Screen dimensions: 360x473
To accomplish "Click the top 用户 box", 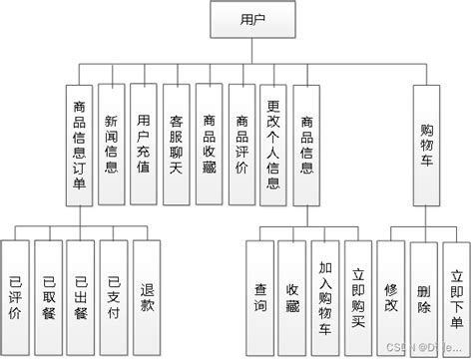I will (238, 20).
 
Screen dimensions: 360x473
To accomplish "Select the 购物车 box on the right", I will (426, 147).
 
